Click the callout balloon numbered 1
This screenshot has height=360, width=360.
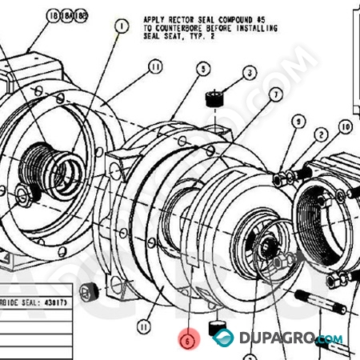click(x=122, y=26)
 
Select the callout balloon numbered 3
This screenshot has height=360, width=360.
click(x=250, y=73)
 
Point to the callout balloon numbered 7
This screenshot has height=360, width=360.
click(x=276, y=94)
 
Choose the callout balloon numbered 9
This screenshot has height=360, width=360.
click(x=299, y=121)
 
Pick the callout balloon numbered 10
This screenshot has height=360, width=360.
click(x=346, y=126)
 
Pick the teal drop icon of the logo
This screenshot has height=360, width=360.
click(x=224, y=338)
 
